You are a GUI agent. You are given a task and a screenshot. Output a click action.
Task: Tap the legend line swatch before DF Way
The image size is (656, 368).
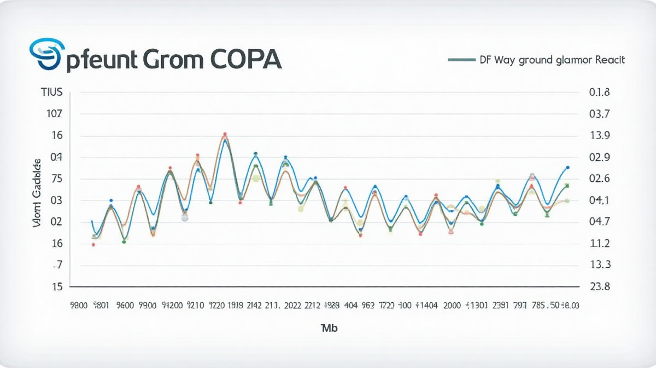461,60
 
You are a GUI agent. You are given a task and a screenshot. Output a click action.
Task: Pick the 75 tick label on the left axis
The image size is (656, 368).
56,179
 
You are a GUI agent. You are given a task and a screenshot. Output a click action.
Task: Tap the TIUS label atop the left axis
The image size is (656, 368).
52,93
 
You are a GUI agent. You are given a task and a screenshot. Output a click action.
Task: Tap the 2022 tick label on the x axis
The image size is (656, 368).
289,306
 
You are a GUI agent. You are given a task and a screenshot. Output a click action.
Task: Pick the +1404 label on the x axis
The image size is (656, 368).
427,306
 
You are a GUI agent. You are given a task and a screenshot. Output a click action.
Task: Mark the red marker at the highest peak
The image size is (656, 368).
225,134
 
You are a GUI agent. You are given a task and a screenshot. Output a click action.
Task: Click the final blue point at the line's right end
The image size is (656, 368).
568,168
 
